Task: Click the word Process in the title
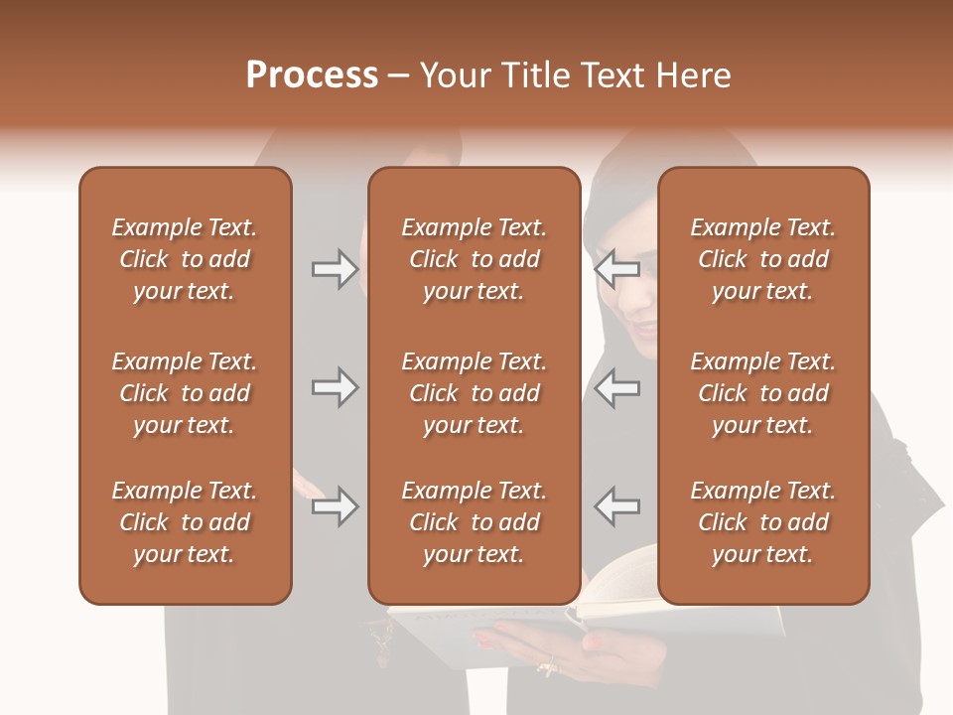coord(312,75)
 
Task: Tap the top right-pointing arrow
coord(335,269)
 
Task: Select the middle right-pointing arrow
coord(335,387)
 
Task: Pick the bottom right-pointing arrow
coord(335,506)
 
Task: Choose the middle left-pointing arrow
coord(617,387)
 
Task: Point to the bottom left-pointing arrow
coord(617,506)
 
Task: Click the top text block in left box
coord(185,259)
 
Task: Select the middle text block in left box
coord(185,393)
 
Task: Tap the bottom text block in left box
coord(185,522)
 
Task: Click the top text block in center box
coord(474,259)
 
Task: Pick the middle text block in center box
coord(474,393)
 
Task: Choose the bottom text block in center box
coord(474,522)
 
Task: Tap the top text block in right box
coord(762,259)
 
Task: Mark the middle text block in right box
coord(762,393)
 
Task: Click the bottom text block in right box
coord(762,522)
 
